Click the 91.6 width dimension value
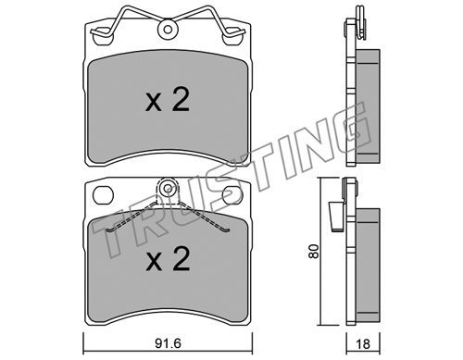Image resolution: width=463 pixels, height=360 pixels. coord(168,343)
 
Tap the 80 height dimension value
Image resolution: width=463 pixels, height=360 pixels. coord(315,251)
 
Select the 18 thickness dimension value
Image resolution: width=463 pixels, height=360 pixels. coord(363,344)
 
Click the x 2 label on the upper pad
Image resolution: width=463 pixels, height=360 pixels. coord(168,99)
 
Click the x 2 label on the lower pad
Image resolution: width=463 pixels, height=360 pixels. coord(168,259)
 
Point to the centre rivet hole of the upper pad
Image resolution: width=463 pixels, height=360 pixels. coord(168,30)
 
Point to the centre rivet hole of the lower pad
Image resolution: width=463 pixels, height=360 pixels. coord(168,188)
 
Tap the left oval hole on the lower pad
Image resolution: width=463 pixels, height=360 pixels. coord(103,195)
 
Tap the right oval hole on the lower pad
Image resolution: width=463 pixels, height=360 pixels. coord(233,195)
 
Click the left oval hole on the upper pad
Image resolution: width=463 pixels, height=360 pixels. coord(103,36)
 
